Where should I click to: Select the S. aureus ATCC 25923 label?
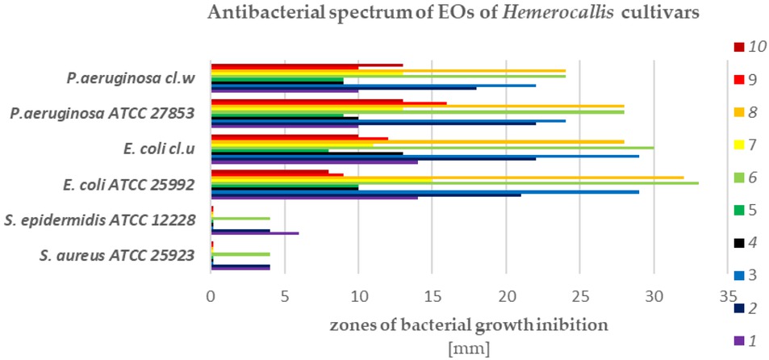(x=117, y=257)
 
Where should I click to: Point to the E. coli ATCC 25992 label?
(x=129, y=184)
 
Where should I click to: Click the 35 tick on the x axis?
(x=728, y=296)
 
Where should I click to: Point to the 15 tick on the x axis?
(x=432, y=296)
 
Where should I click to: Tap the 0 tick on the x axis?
(x=211, y=296)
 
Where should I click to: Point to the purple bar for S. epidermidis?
(x=254, y=233)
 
